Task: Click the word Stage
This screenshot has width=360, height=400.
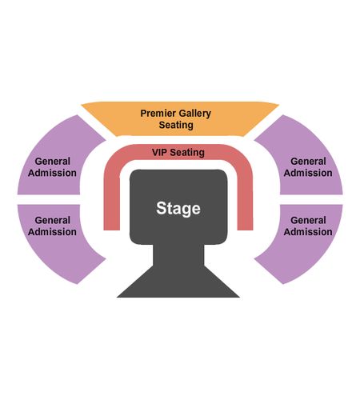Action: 178,209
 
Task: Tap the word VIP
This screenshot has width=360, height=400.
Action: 160,152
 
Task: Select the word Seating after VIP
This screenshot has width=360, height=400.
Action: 187,153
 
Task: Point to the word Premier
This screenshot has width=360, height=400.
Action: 156,114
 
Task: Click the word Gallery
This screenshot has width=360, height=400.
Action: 193,114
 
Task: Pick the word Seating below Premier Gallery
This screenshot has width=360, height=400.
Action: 176,125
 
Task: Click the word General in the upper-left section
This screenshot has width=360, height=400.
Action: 53,162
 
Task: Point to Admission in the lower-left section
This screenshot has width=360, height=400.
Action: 52,232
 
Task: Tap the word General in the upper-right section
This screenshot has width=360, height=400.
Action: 308,162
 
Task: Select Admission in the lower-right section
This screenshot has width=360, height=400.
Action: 308,232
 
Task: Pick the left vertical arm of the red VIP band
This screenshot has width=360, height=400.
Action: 111,200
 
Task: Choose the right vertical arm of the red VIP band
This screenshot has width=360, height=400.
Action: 245,200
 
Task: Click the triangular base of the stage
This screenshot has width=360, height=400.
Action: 178,286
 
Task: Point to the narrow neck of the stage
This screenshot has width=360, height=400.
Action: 178,254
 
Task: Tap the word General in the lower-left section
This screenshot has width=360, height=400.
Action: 53,220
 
